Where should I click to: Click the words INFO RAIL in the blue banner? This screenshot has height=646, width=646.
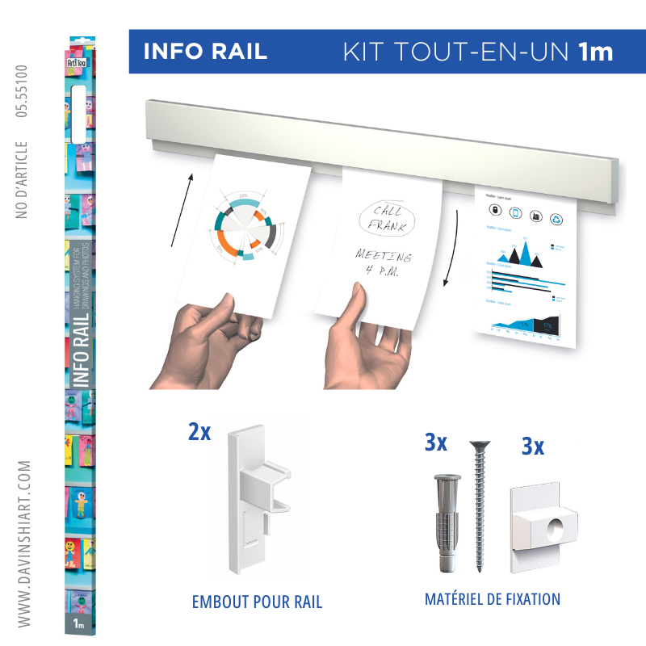coord(204,52)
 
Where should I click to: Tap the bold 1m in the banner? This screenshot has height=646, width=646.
coord(595,52)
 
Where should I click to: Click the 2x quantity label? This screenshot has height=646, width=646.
coord(199,432)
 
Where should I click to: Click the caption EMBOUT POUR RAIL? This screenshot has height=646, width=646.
coord(257,602)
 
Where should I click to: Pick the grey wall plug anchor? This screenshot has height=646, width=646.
coord(443,518)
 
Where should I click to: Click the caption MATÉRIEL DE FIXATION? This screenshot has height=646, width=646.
coord(492,599)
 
